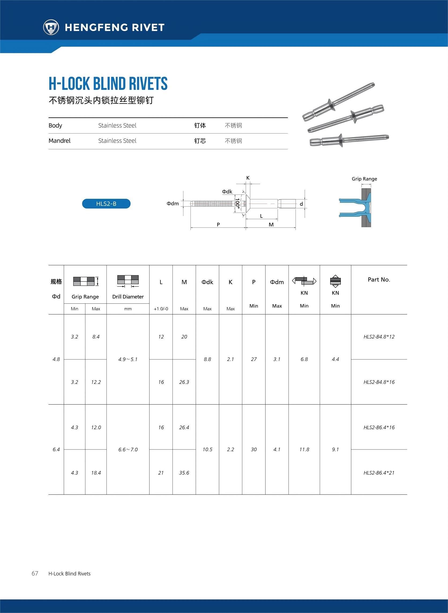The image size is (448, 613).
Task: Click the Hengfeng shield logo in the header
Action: (51, 27)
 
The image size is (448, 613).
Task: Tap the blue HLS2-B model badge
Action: (106, 204)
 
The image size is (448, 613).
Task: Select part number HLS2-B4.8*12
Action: (379, 337)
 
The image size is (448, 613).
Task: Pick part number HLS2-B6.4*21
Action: (379, 473)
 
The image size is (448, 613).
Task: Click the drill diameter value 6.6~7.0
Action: (128, 450)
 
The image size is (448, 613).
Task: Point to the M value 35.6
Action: (184, 473)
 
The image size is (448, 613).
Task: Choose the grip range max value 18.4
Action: (96, 473)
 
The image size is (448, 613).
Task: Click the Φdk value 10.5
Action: (207, 450)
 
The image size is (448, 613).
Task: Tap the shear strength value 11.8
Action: (304, 450)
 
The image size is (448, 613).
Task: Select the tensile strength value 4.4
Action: (335, 359)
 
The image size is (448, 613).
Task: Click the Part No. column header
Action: (379, 280)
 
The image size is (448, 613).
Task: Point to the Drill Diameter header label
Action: (128, 297)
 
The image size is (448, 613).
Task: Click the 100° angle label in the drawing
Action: (237, 203)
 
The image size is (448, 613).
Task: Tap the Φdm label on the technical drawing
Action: (173, 203)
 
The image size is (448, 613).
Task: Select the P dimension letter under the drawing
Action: (218, 224)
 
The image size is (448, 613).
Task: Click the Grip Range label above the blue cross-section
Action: (364, 179)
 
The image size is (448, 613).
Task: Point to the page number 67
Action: (35, 573)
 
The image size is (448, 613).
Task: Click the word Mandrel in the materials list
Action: (59, 141)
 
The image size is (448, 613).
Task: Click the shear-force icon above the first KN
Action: (304, 281)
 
